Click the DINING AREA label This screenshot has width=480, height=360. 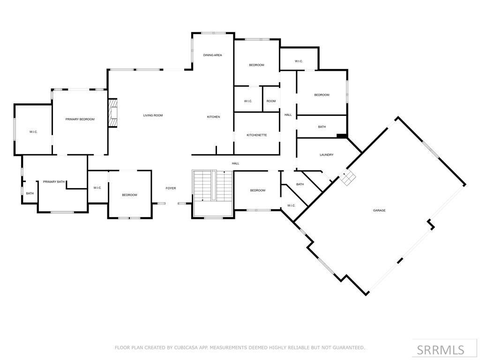pyautogui.click(x=212, y=55)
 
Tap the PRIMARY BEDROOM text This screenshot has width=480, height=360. pyautogui.click(x=80, y=120)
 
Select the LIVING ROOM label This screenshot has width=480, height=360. pyautogui.click(x=153, y=115)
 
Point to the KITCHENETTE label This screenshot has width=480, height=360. pyautogui.click(x=256, y=135)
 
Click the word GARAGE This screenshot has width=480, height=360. pyautogui.click(x=379, y=210)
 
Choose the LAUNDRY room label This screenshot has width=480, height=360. pyautogui.click(x=326, y=155)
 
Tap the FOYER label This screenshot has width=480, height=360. pyautogui.click(x=171, y=188)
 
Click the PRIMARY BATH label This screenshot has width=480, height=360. pyautogui.click(x=54, y=182)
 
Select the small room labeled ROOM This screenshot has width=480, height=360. pyautogui.click(x=271, y=101)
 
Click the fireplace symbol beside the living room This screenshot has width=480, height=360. pyautogui.click(x=113, y=113)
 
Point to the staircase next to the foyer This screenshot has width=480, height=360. pyautogui.click(x=212, y=186)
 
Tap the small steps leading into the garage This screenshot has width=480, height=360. pyautogui.click(x=348, y=179)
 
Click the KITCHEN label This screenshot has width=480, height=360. pyautogui.click(x=213, y=117)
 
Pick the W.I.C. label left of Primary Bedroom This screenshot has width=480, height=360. pyautogui.click(x=33, y=132)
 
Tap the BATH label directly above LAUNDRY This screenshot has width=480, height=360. pyautogui.click(x=322, y=127)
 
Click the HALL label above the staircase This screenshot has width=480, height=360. pyautogui.click(x=235, y=164)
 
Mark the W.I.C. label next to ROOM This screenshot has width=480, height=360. pyautogui.click(x=248, y=101)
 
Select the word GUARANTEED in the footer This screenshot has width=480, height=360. pyautogui.click(x=348, y=348)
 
